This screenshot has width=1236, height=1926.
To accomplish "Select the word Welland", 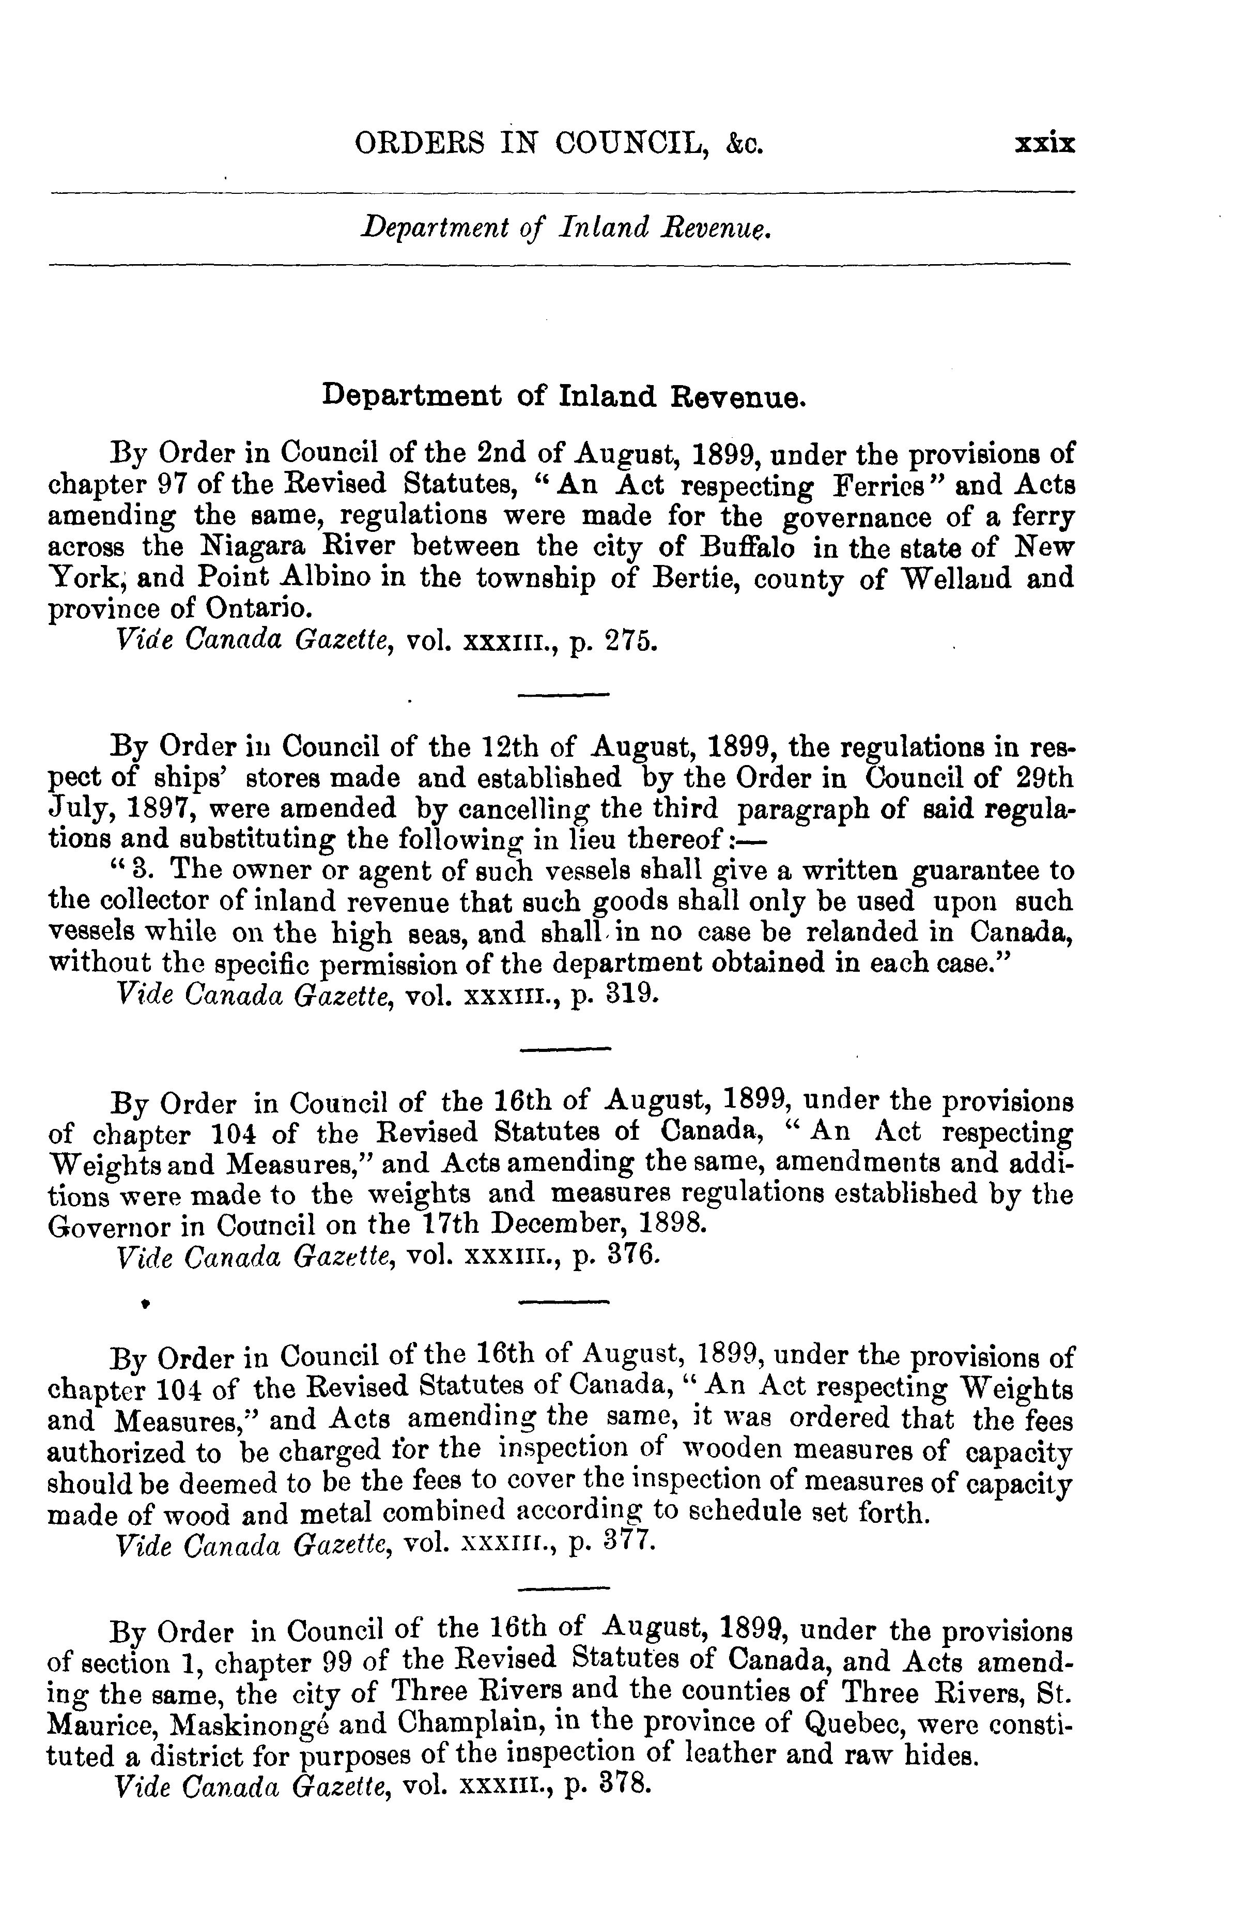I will click(946, 579).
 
